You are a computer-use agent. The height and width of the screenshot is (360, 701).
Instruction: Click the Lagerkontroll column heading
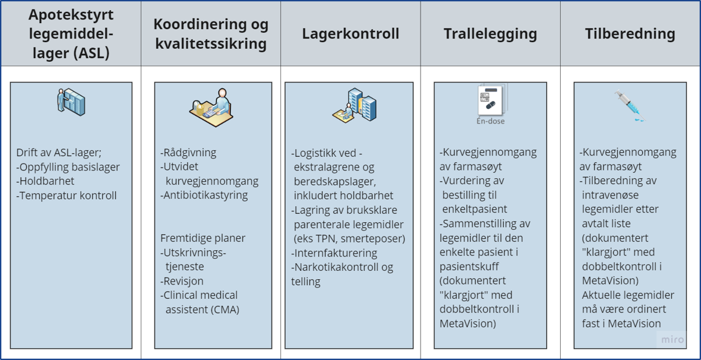(x=350, y=34)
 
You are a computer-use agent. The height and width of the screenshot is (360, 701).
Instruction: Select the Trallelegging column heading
(x=490, y=34)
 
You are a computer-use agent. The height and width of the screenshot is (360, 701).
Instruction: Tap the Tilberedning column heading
(x=630, y=34)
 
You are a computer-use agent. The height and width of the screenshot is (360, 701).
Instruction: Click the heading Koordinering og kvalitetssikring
(x=211, y=34)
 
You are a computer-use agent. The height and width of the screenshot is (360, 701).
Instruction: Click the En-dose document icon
(x=490, y=101)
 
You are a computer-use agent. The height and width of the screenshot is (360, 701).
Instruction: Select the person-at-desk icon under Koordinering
(x=211, y=106)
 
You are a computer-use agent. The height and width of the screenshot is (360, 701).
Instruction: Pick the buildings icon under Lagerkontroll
(x=354, y=105)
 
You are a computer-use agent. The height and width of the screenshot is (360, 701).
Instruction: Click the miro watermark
(x=672, y=340)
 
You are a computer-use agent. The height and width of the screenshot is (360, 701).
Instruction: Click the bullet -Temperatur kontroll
(x=67, y=195)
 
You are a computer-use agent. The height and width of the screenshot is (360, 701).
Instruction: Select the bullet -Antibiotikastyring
(x=204, y=195)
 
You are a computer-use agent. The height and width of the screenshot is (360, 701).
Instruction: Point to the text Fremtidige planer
(x=203, y=238)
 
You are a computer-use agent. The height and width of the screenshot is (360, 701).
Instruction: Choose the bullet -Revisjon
(x=182, y=281)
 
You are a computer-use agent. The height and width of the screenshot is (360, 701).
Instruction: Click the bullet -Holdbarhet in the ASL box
(x=46, y=181)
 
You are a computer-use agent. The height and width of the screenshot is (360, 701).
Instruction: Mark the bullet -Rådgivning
(x=188, y=152)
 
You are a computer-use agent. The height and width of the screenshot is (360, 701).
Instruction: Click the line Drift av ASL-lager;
(x=59, y=153)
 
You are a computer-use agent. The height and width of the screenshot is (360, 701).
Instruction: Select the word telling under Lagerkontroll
(x=306, y=282)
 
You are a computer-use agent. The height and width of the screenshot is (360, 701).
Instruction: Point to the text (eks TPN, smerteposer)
(x=349, y=238)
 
